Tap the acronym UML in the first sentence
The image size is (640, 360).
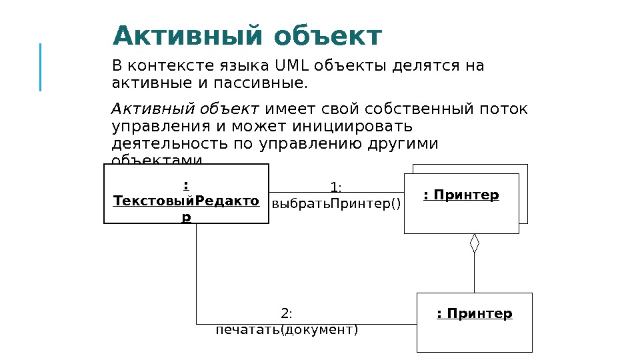click(x=289, y=66)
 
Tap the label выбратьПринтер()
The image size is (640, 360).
click(x=337, y=203)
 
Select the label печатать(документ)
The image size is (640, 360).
click(x=287, y=329)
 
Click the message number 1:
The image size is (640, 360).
click(x=336, y=187)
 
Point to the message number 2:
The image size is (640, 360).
click(x=287, y=313)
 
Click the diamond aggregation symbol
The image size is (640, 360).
click(x=475, y=243)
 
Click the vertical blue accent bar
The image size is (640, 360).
click(x=41, y=67)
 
